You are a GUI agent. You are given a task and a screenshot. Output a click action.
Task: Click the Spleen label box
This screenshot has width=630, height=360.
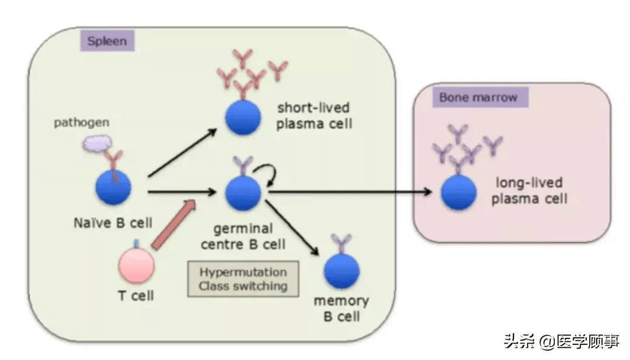click(x=107, y=41)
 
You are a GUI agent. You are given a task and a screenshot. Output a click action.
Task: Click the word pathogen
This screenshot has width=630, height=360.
click(x=82, y=123)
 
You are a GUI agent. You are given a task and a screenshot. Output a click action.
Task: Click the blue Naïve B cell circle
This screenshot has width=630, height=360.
click(x=114, y=187)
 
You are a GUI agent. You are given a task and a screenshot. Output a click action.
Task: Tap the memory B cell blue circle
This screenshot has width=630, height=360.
click(x=341, y=271)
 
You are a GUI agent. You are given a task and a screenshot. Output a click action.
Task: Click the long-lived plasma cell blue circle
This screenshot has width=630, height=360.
click(x=459, y=192)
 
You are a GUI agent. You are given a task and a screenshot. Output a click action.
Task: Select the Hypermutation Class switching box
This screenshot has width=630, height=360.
click(x=243, y=279)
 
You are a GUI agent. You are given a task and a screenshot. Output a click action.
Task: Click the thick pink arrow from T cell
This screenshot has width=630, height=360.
click(x=173, y=225)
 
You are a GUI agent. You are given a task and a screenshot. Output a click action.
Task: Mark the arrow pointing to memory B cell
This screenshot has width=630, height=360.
click(x=293, y=228)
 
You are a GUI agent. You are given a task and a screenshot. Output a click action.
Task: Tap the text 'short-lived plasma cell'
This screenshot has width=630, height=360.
click(x=314, y=116)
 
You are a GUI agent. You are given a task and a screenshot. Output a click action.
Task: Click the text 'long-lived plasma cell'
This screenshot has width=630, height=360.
click(x=528, y=191)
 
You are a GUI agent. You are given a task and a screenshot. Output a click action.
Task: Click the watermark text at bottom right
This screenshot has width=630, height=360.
click(x=561, y=341)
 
